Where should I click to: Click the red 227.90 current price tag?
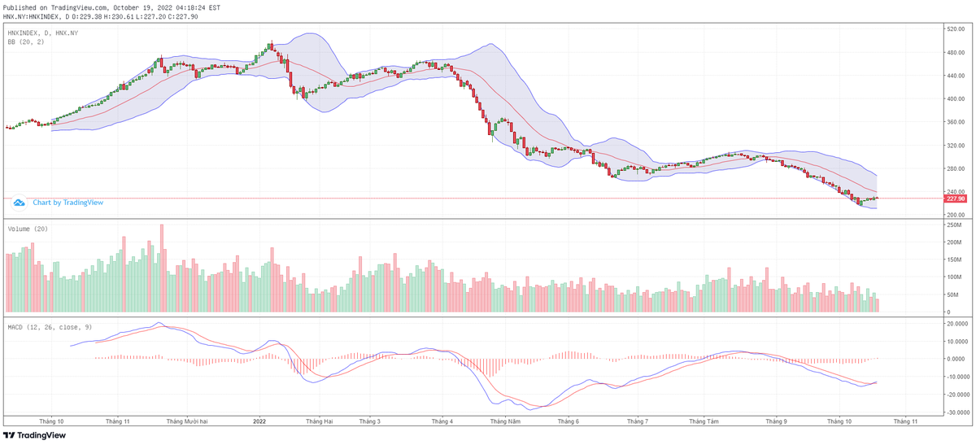[955, 199]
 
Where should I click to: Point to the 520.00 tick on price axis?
[955, 28]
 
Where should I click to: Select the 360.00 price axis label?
[955, 122]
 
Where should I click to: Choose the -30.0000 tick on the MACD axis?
[955, 412]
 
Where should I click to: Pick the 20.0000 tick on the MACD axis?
[955, 323]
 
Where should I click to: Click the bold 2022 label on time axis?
[259, 421]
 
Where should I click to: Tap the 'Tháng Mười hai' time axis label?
[187, 421]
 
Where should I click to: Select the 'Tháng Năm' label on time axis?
[505, 421]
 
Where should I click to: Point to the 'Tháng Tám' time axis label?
[704, 421]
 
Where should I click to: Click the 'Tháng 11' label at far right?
[905, 421]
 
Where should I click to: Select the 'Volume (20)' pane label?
[28, 229]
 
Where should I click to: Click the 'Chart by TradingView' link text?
[62, 203]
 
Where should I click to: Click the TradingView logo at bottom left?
[34, 435]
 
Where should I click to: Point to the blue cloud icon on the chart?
[19, 203]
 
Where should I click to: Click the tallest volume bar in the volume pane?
[162, 268]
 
